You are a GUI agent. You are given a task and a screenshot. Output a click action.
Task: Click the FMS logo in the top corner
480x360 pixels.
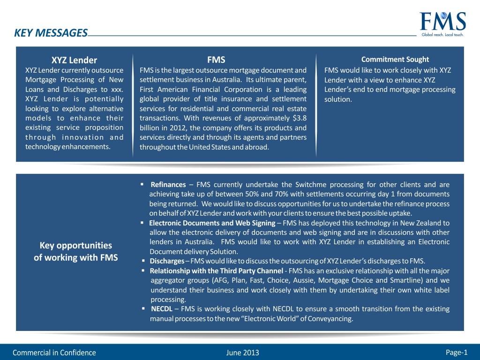tap(443, 22)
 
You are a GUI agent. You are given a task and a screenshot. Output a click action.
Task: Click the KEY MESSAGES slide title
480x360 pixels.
tap(51, 33)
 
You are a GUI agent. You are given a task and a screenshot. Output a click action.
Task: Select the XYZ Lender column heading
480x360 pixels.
tap(74, 60)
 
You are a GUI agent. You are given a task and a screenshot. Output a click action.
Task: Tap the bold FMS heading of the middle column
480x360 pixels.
tap(216, 60)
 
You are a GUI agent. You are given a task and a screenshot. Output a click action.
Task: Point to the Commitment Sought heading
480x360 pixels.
tap(395, 59)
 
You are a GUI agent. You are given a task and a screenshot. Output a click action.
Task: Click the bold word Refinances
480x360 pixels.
tap(168, 184)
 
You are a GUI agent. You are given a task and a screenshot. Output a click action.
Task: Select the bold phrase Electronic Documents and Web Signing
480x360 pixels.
tap(212, 223)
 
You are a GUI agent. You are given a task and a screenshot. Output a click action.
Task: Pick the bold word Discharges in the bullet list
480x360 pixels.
tap(166, 261)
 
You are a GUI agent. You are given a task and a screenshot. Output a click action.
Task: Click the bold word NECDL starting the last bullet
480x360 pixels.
tap(162, 309)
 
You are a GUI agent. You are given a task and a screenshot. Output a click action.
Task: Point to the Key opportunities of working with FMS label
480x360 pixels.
tap(75, 251)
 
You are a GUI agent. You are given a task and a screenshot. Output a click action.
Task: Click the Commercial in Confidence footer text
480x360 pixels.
tap(54, 352)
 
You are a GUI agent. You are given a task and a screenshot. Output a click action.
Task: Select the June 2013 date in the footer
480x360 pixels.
tap(242, 352)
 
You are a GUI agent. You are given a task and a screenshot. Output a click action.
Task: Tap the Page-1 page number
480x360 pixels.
tap(457, 352)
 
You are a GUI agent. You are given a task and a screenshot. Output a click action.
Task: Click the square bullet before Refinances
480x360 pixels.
tap(142, 184)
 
